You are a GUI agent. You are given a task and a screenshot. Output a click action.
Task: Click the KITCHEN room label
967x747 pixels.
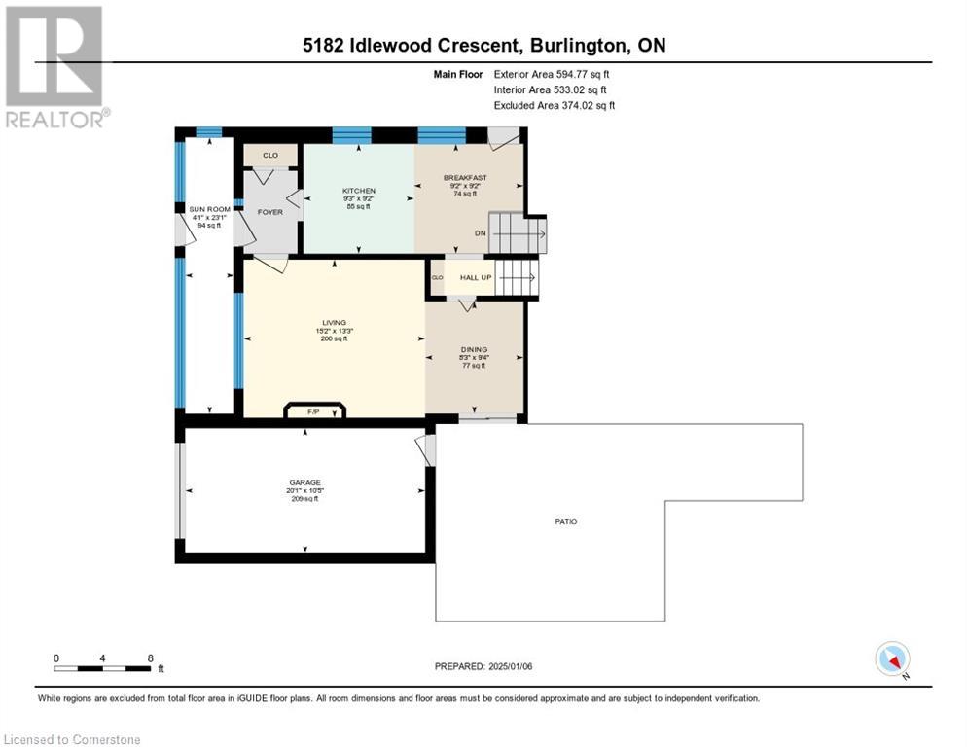click(x=358, y=191)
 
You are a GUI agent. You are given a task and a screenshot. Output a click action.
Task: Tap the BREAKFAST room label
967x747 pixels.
click(x=465, y=178)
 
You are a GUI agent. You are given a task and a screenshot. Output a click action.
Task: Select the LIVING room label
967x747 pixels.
click(x=334, y=323)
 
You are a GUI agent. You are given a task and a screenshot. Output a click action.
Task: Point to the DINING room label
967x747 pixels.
click(x=475, y=349)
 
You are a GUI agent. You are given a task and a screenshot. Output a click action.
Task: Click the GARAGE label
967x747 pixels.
click(x=304, y=482)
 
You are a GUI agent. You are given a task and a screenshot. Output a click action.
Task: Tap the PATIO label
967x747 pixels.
click(x=566, y=522)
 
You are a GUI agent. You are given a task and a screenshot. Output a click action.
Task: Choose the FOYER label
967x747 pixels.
click(x=269, y=211)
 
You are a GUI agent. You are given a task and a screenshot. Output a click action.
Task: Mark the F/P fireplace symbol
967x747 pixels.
click(x=313, y=412)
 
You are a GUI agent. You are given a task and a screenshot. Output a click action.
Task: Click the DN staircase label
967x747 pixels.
click(x=479, y=233)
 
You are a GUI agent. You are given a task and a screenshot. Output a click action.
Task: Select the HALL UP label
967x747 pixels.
click(x=476, y=278)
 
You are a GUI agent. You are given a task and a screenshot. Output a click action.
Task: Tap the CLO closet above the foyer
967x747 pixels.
click(x=269, y=155)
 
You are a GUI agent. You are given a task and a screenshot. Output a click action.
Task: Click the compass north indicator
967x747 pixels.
click(x=892, y=659)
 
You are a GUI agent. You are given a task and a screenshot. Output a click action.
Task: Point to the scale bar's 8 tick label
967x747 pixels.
click(x=150, y=658)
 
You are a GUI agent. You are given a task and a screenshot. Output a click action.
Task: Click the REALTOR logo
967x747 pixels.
click(x=54, y=66)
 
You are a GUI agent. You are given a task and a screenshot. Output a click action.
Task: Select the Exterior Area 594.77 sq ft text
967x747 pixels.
click(x=552, y=73)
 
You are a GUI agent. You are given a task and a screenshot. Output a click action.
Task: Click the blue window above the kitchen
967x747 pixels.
click(x=351, y=135)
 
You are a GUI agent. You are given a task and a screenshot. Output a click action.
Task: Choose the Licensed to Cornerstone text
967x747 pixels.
click(x=73, y=740)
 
